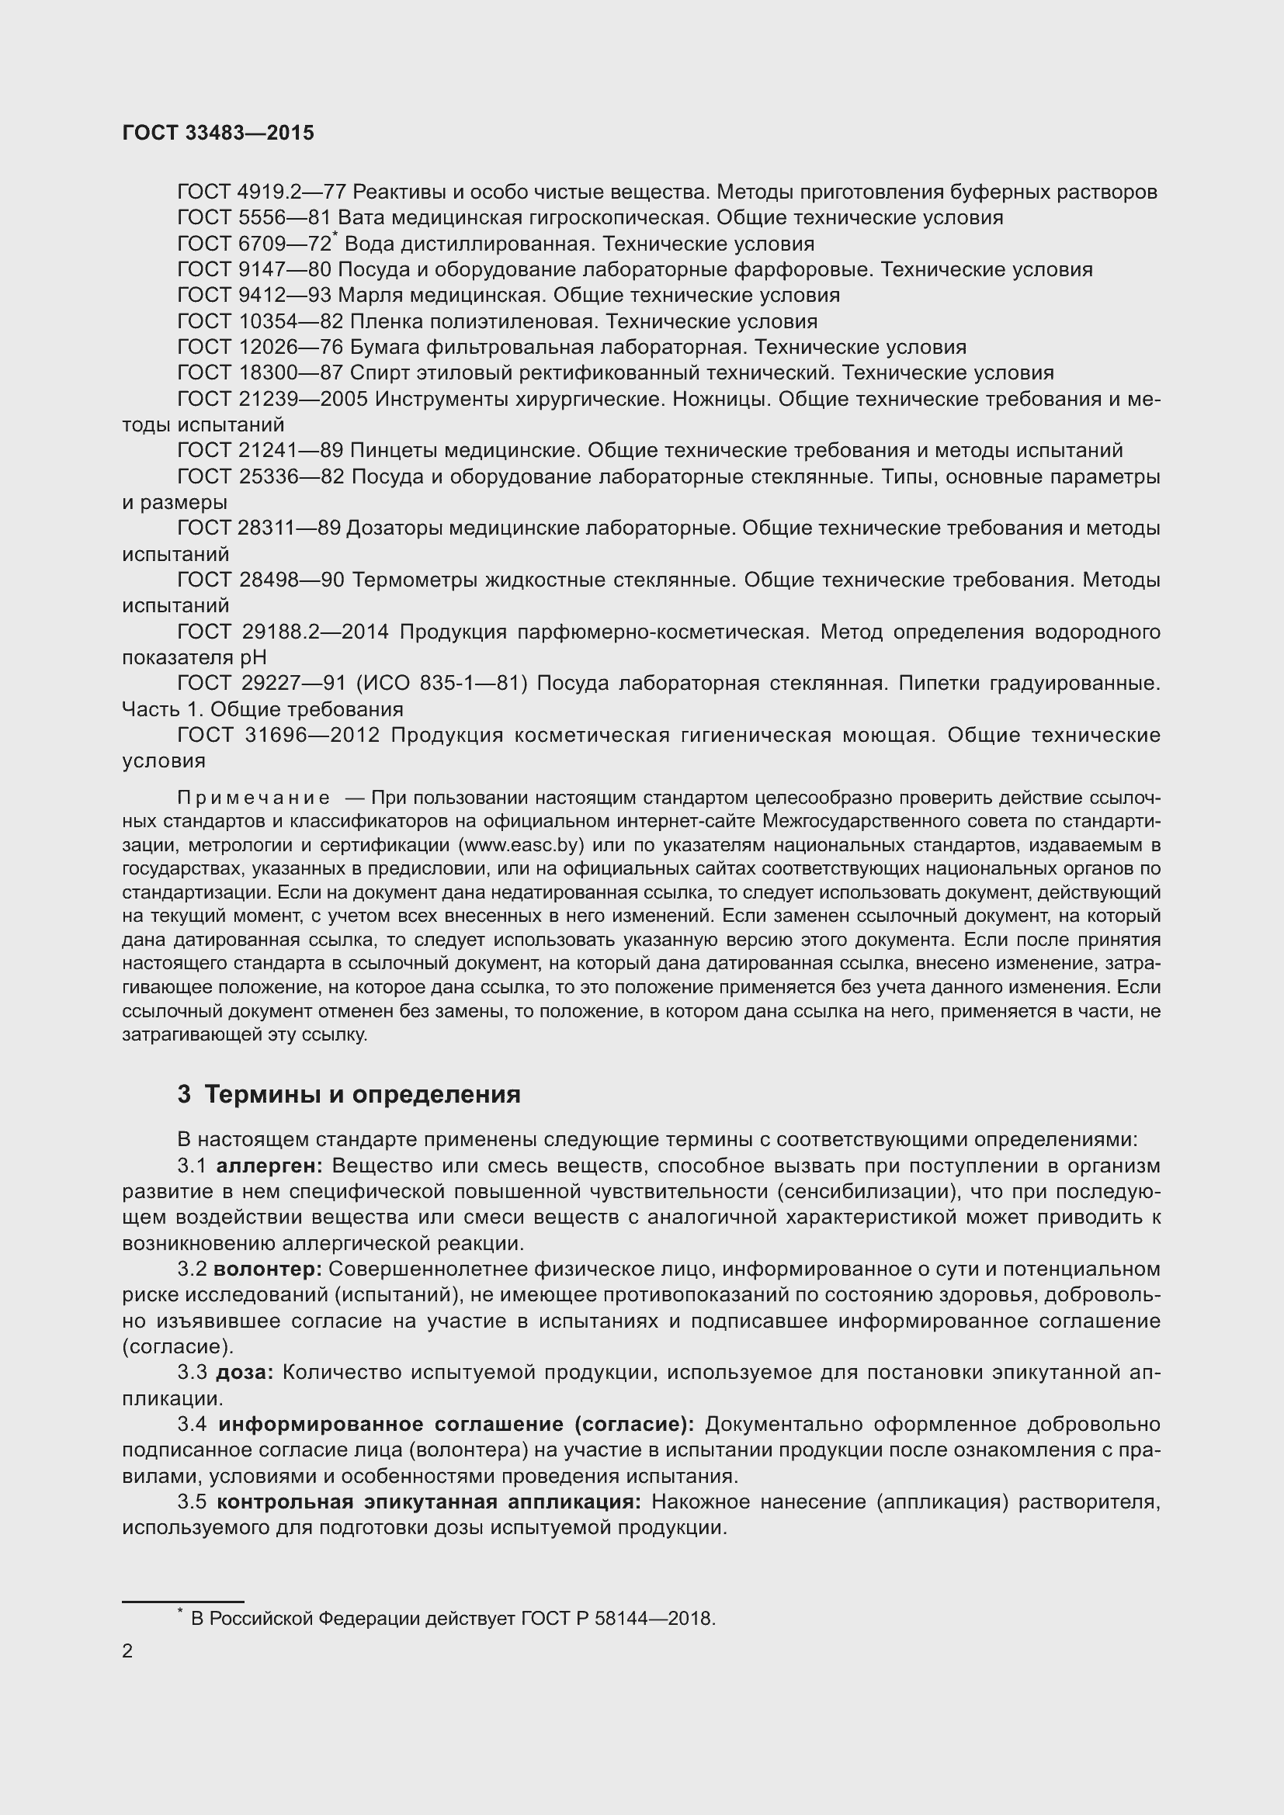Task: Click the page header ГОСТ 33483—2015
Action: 218,133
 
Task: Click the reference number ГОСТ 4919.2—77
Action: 261,192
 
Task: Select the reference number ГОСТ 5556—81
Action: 254,218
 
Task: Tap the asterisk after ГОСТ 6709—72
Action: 335,236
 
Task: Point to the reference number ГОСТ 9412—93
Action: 254,296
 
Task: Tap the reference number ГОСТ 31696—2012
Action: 279,735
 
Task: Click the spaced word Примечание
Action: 253,797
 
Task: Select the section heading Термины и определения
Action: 362,1094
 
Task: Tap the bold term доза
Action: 245,1373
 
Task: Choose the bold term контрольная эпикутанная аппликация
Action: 429,1502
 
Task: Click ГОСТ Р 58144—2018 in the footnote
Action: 617,1619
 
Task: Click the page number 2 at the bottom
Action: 128,1651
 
